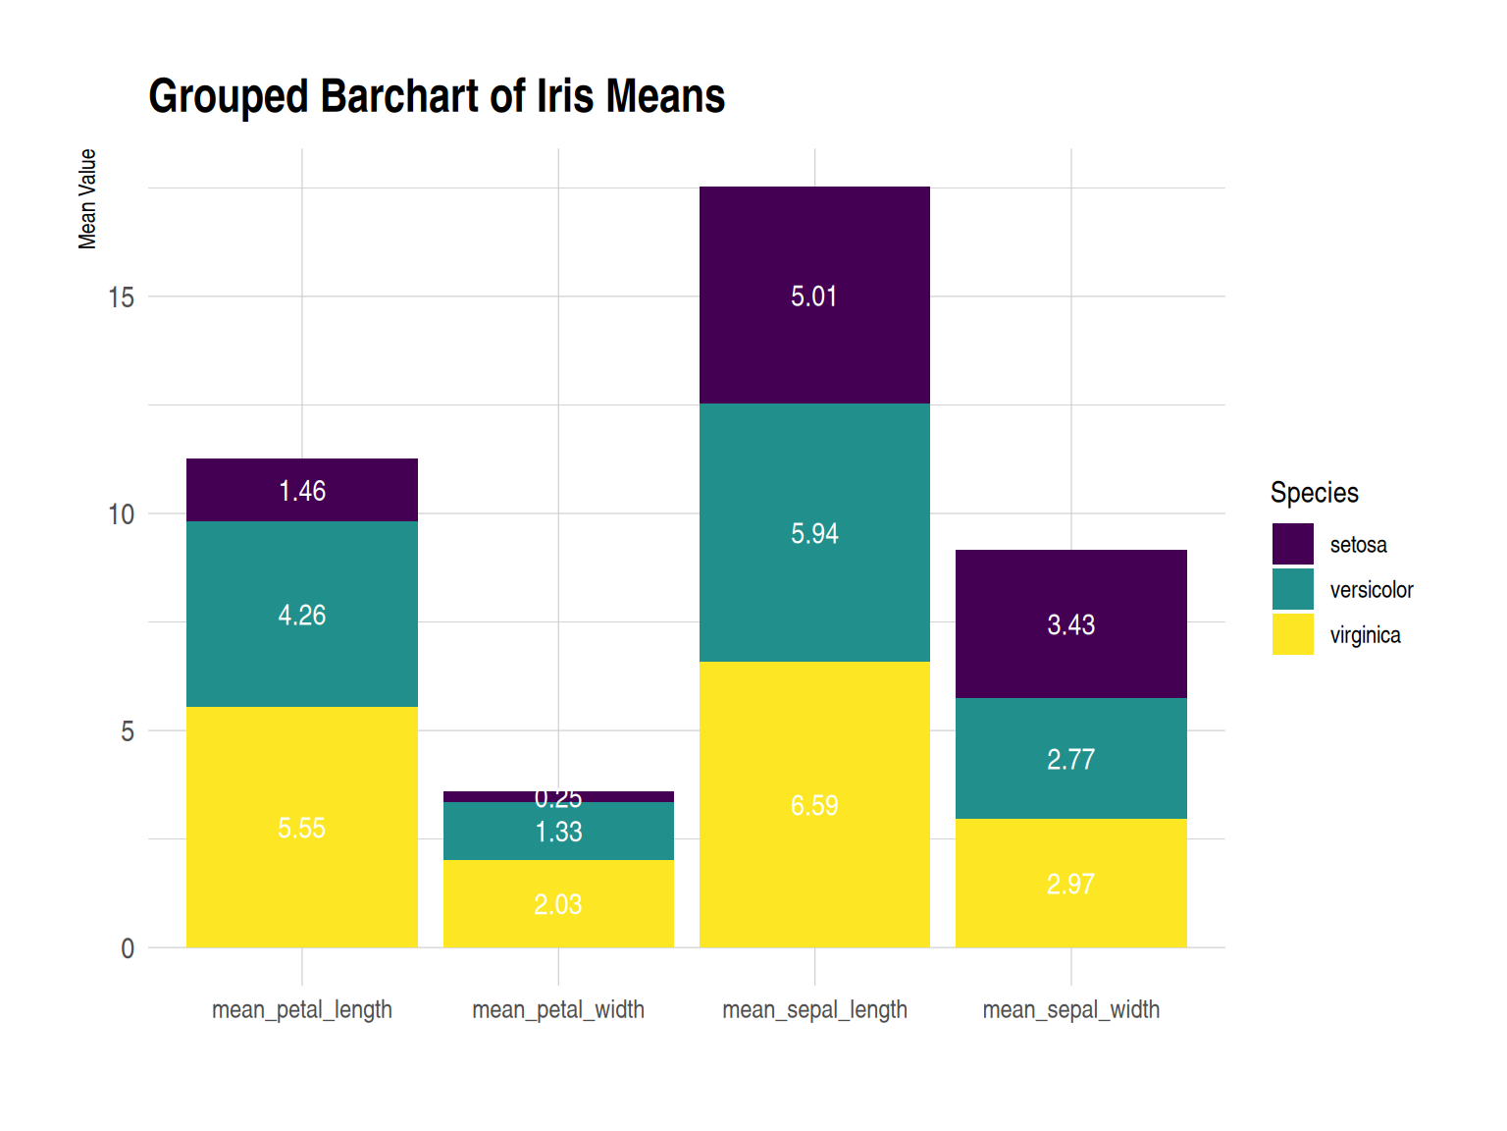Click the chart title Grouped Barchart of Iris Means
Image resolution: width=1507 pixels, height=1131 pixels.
(437, 96)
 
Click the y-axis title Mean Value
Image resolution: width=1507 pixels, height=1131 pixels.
(87, 199)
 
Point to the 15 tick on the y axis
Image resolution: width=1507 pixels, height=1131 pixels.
(121, 297)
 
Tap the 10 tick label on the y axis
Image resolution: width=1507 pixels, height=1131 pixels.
(121, 514)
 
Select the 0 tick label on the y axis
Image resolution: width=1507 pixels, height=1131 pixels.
(128, 949)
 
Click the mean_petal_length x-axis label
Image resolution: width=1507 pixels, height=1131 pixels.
(302, 1009)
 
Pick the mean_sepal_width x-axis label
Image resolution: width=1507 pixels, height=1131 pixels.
(1070, 1009)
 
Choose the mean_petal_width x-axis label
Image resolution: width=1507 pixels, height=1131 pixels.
(558, 1009)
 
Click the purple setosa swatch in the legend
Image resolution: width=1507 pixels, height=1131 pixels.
(1292, 544)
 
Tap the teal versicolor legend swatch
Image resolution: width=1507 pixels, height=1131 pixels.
(1292, 589)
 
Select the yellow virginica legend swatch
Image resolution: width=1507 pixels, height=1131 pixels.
(1292, 634)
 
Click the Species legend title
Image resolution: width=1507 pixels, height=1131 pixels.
(1314, 492)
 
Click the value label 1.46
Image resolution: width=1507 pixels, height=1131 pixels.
(302, 491)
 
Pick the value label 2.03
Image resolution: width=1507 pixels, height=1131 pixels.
(558, 904)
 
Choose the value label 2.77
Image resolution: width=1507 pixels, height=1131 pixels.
(1070, 760)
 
